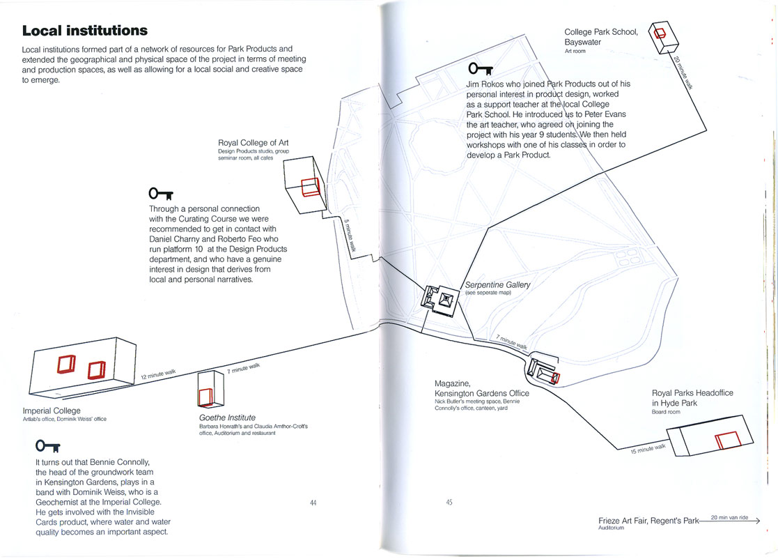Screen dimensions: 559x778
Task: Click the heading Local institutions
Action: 84,31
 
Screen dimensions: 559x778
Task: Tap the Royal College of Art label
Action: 253,143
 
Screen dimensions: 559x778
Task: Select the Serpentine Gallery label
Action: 498,285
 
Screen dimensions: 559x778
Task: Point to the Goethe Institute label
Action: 227,418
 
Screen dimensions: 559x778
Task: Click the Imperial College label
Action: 52,411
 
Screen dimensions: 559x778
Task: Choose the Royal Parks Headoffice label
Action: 692,398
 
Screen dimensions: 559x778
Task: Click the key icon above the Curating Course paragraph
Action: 161,192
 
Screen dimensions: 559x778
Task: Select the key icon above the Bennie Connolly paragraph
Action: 47,445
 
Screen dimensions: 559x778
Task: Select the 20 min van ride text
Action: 729,517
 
